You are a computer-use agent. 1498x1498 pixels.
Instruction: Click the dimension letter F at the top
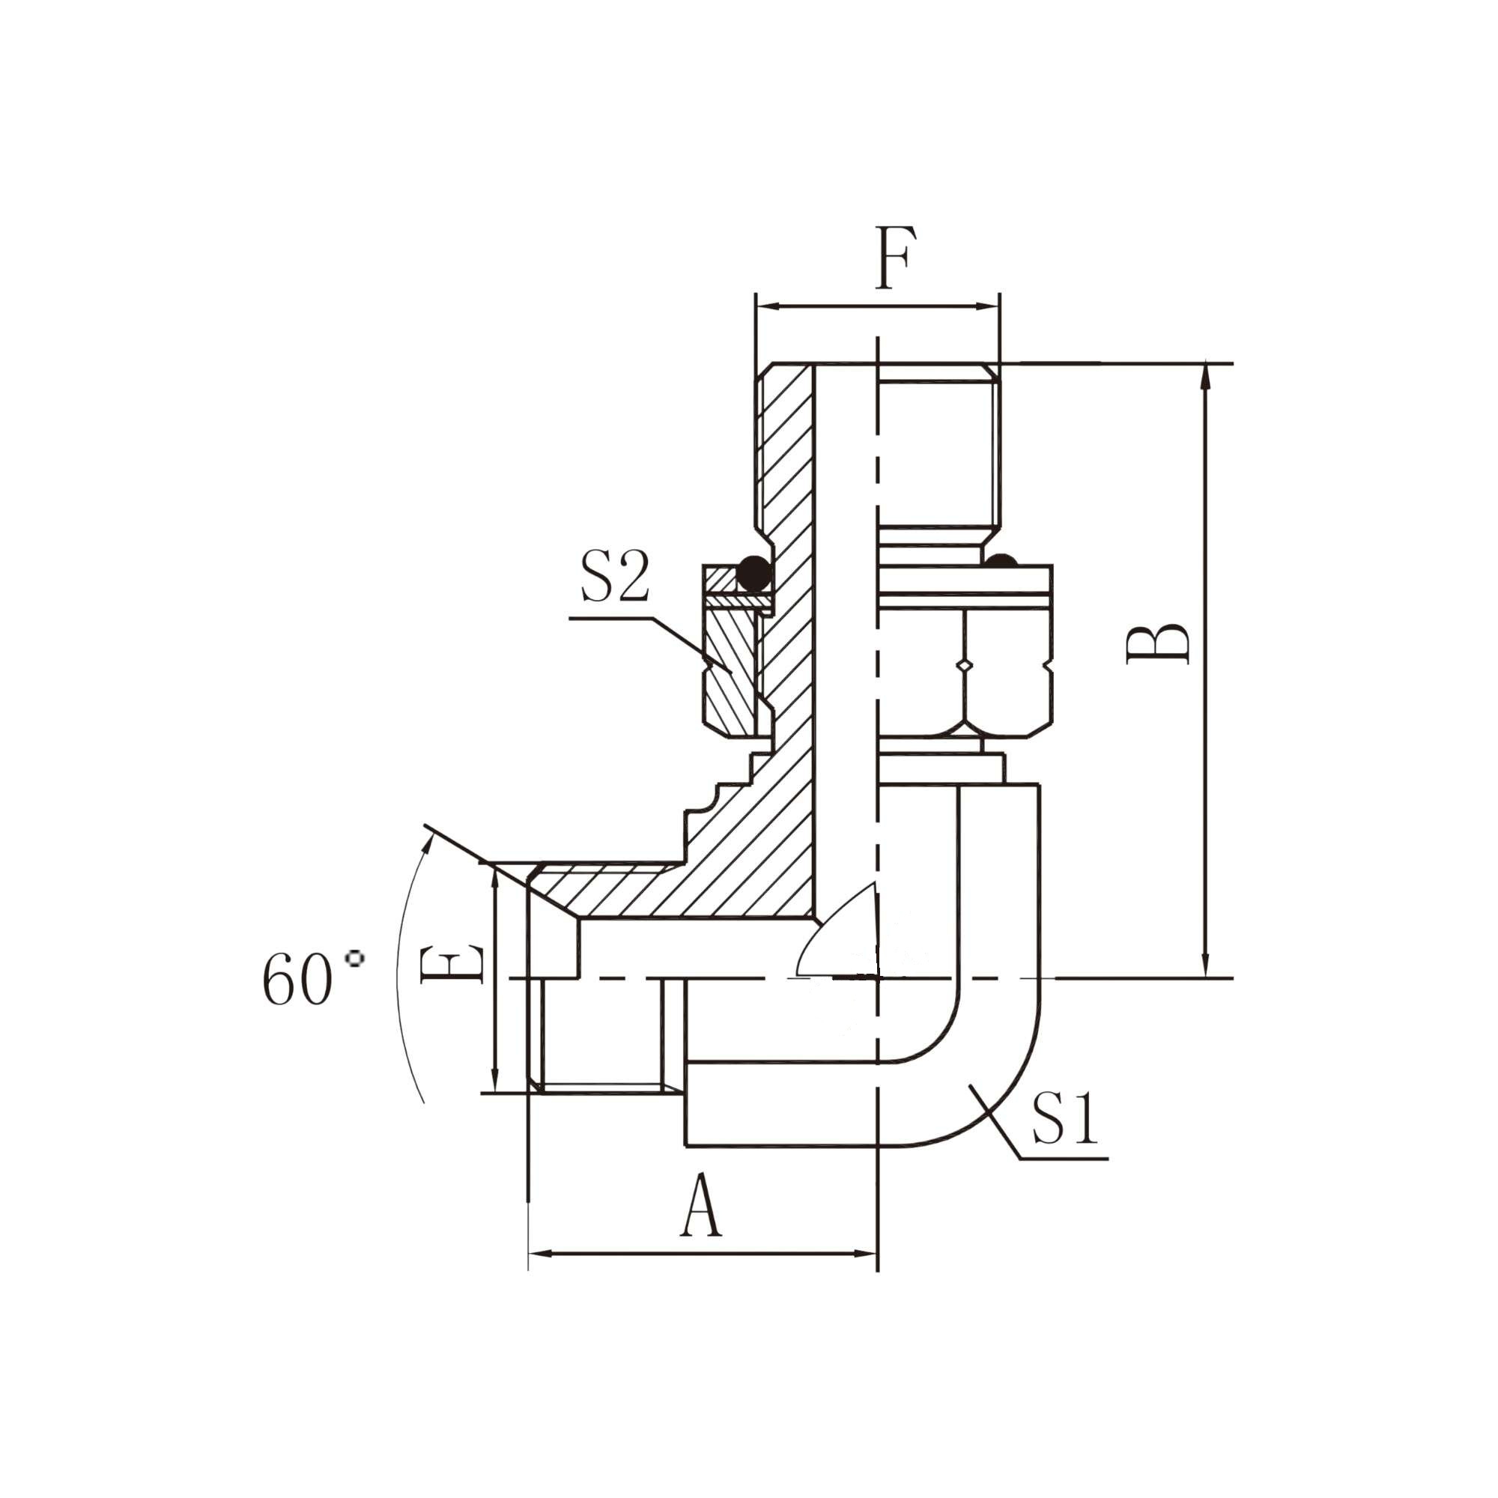pos(897,258)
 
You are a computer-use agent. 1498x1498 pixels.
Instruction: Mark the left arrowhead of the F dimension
pos(763,307)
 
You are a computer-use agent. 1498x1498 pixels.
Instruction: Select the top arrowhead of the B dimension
pos(1206,372)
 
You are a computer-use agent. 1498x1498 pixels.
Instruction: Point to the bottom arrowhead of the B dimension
pos(1206,969)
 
